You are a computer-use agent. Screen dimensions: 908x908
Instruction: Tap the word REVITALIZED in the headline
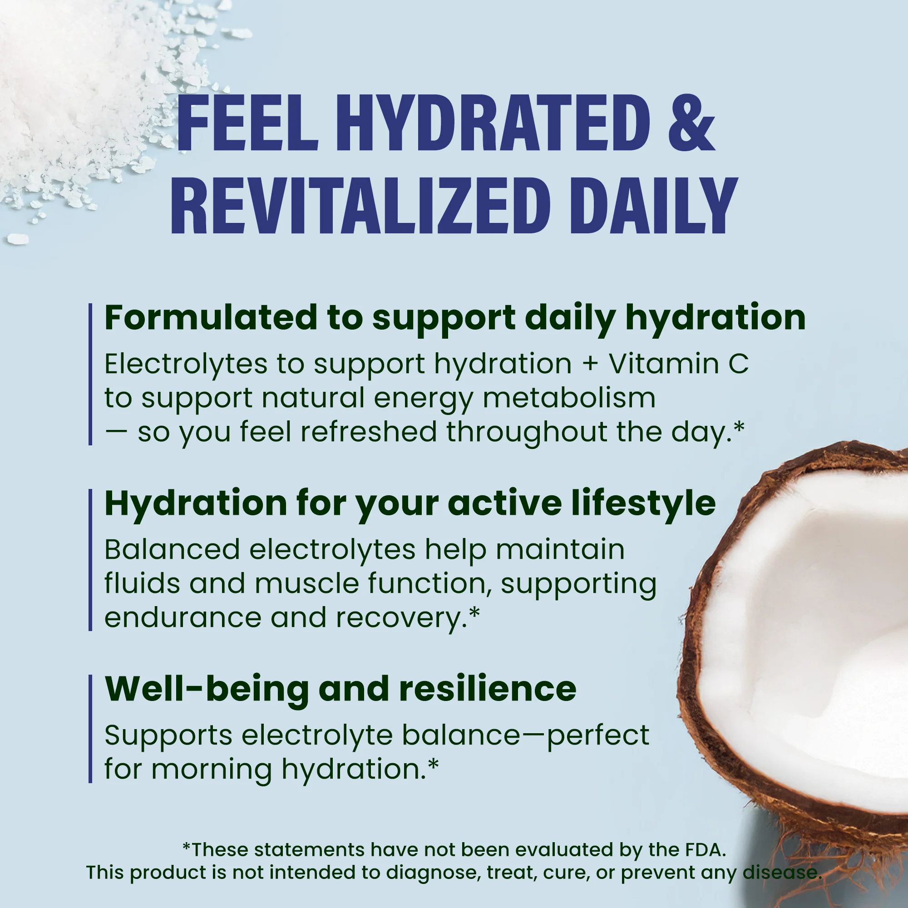[360, 205]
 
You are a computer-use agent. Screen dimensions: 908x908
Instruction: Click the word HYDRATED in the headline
[492, 123]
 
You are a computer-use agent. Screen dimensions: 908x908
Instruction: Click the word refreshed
[369, 432]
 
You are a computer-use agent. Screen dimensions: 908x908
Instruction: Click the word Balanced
[172, 549]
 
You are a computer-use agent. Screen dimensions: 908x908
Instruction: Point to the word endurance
[183, 617]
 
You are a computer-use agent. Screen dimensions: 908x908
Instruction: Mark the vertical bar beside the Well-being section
[90, 729]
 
